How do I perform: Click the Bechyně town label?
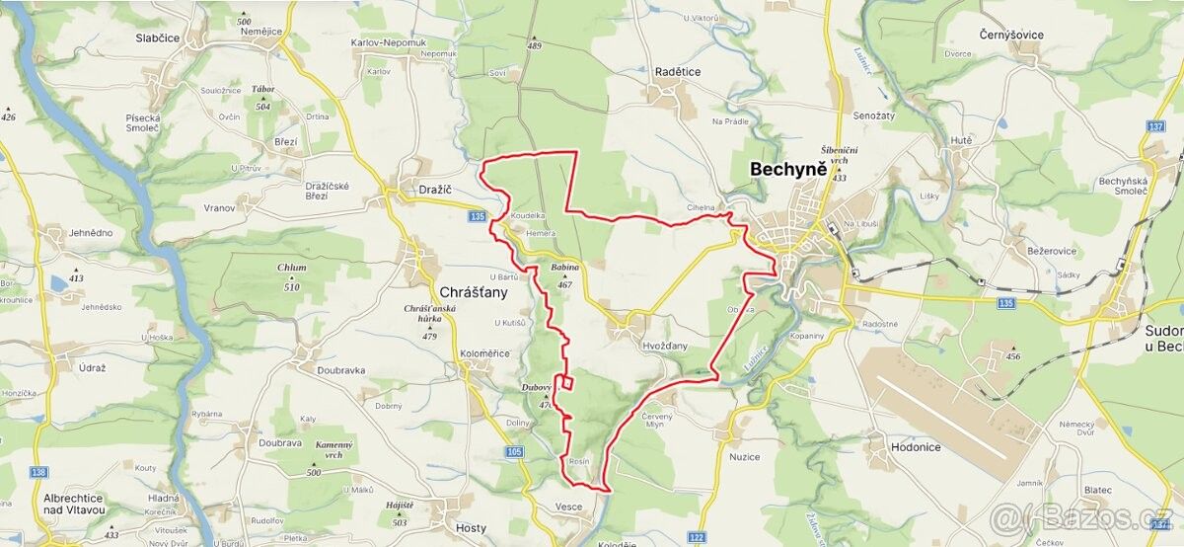(788, 169)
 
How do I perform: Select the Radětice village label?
(677, 72)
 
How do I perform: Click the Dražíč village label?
(433, 189)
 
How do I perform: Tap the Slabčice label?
(157, 38)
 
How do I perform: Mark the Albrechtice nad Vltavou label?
(74, 504)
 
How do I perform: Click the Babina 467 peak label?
(564, 274)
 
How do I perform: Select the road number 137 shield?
(1156, 127)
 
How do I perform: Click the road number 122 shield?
(697, 536)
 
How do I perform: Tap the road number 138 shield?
(38, 473)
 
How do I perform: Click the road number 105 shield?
(514, 451)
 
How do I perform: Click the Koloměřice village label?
(484, 353)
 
